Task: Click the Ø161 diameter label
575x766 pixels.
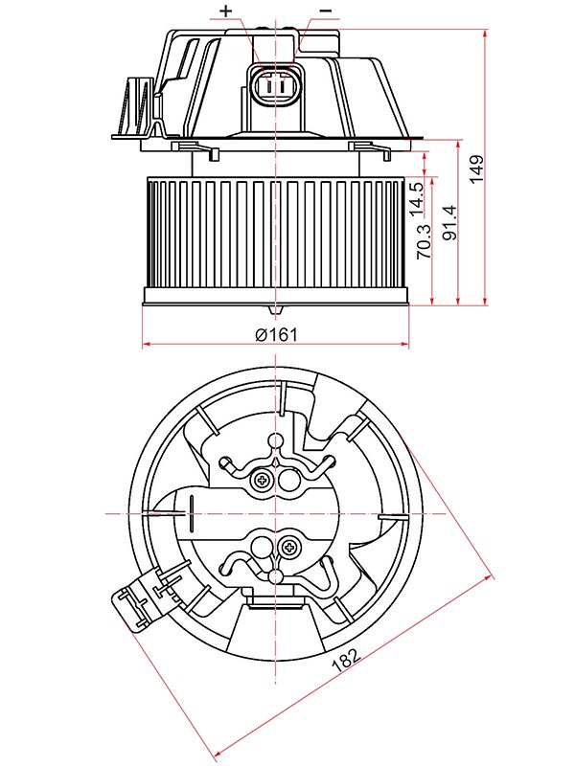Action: coord(277,334)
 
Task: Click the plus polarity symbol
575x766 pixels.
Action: coord(226,11)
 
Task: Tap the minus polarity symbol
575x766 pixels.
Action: coord(326,11)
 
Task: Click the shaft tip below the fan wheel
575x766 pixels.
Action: coord(276,311)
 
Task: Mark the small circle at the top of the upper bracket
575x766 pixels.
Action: coord(276,441)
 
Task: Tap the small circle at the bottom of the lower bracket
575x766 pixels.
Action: coord(277,577)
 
